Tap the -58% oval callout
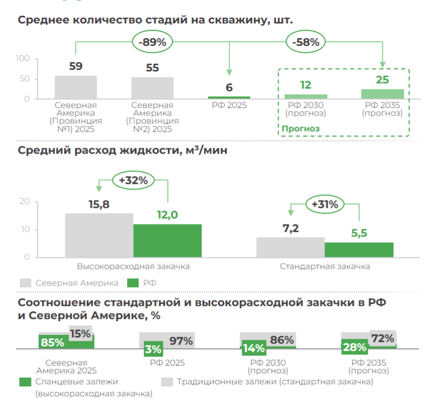coord(306,42)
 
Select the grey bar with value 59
coord(76,87)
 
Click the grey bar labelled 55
coord(152,88)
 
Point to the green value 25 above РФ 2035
coord(382,80)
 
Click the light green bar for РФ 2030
coord(306,97)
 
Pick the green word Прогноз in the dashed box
coord(300,128)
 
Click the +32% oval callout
coord(134,181)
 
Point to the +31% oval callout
coord(324,205)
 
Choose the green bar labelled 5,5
coord(359,250)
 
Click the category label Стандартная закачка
coord(324,266)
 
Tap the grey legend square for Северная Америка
coord(26,283)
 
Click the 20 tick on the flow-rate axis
coord(24,202)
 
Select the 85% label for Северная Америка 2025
coord(52,343)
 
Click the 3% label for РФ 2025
coord(153,349)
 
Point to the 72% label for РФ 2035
coord(382,338)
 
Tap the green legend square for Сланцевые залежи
coord(25,382)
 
